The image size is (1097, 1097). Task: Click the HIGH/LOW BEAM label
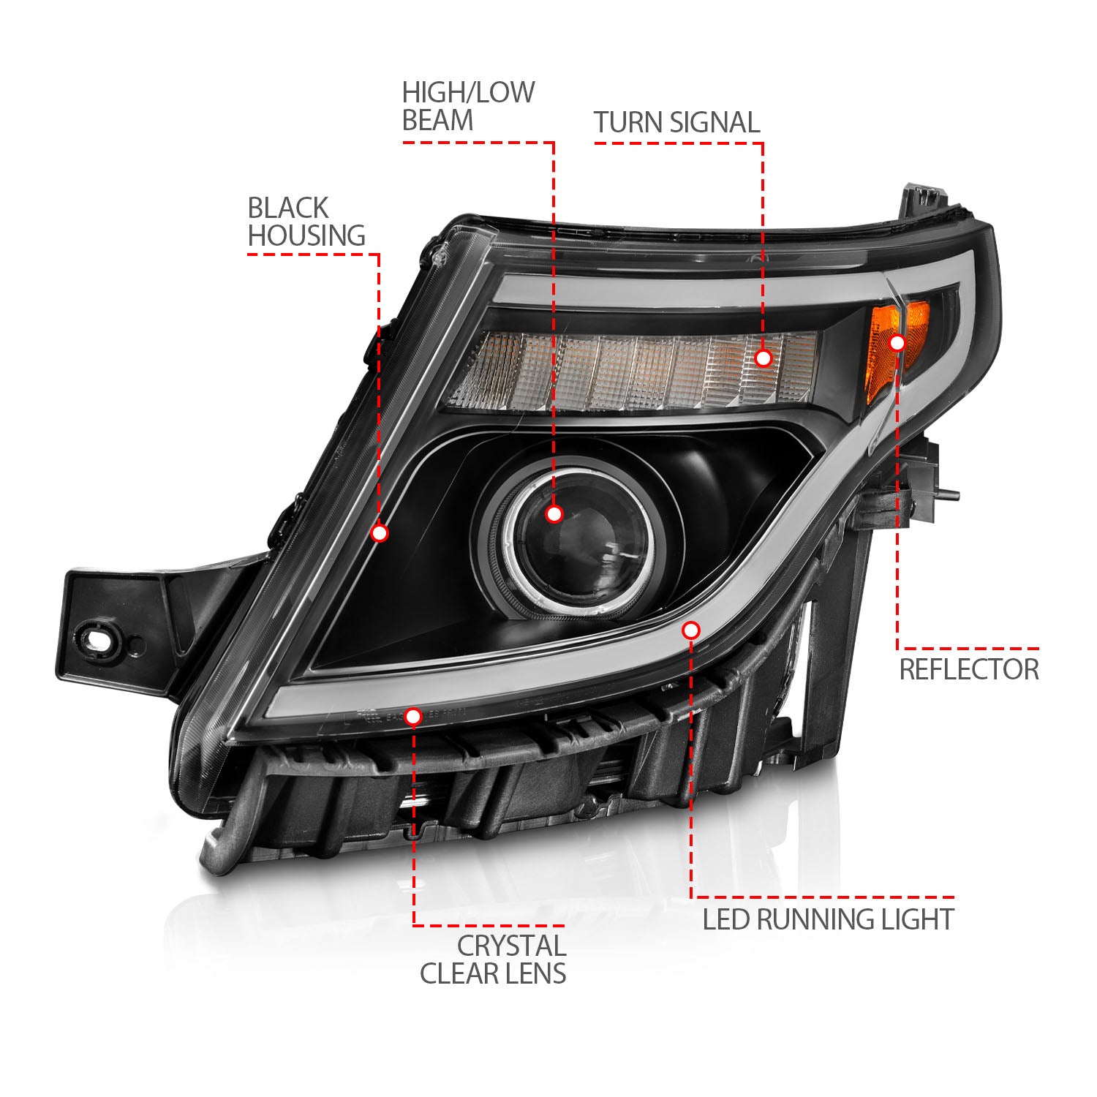pos(468,107)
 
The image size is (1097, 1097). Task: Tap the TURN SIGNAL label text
pos(676,123)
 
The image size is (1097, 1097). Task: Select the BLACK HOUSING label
pos(306,222)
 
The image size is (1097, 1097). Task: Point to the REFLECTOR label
pos(968,670)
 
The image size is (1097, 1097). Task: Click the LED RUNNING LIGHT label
pos(828,919)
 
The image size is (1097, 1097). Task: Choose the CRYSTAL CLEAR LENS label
pos(493,960)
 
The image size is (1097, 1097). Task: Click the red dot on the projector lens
pos(554,514)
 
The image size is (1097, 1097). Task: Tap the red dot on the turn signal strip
pos(763,358)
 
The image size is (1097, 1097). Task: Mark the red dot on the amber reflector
pos(897,342)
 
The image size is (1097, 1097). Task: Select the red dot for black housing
pos(379,533)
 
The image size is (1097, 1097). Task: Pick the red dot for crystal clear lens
pos(413,717)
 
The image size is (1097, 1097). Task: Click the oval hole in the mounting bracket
pos(97,640)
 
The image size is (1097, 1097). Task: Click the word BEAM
pos(437,121)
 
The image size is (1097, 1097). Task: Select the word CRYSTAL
pos(511,946)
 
